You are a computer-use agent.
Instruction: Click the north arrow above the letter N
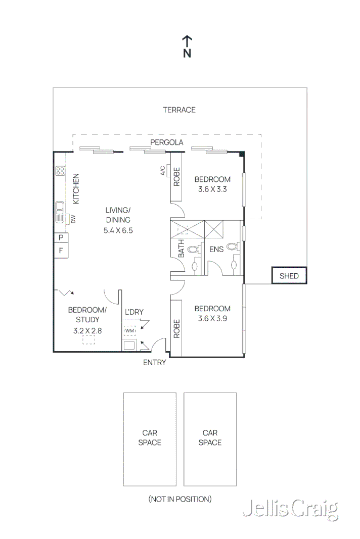(x=187, y=41)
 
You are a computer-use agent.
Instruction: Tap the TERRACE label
(x=179, y=110)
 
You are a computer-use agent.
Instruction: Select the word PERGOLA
(x=166, y=142)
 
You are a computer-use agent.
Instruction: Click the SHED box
(x=289, y=276)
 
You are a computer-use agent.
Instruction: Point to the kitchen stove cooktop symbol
(x=60, y=171)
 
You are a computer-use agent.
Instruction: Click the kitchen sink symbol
(x=60, y=212)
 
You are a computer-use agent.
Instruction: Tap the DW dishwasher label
(x=73, y=219)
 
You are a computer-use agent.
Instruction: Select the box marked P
(x=61, y=237)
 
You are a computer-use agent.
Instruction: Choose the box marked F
(x=61, y=250)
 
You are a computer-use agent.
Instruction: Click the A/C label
(x=162, y=171)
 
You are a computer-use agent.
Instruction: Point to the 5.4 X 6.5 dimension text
(x=118, y=230)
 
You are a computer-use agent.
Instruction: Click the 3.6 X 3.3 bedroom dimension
(x=212, y=189)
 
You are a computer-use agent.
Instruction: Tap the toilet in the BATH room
(x=193, y=249)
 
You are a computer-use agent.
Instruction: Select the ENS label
(x=216, y=249)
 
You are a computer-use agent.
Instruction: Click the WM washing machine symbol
(x=129, y=331)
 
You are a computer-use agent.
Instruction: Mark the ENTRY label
(x=155, y=362)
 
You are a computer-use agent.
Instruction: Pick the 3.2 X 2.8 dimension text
(x=87, y=331)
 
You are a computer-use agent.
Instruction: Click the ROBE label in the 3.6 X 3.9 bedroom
(x=176, y=329)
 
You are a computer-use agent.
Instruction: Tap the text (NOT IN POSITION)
(x=180, y=499)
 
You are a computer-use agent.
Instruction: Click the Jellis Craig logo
(x=291, y=509)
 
